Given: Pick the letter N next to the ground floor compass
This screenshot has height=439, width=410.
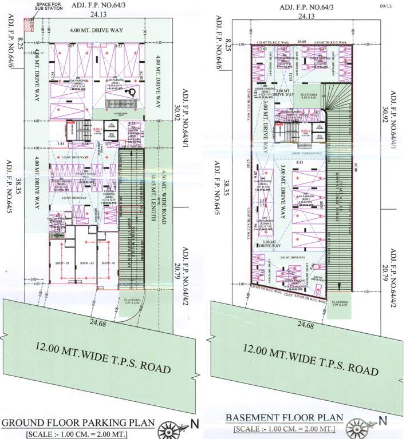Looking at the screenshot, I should pyautogui.click(x=194, y=425).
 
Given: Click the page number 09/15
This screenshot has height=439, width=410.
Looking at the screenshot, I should pyautogui.click(x=385, y=6).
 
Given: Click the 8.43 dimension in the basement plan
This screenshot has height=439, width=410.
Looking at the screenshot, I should pyautogui.click(x=299, y=163).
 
